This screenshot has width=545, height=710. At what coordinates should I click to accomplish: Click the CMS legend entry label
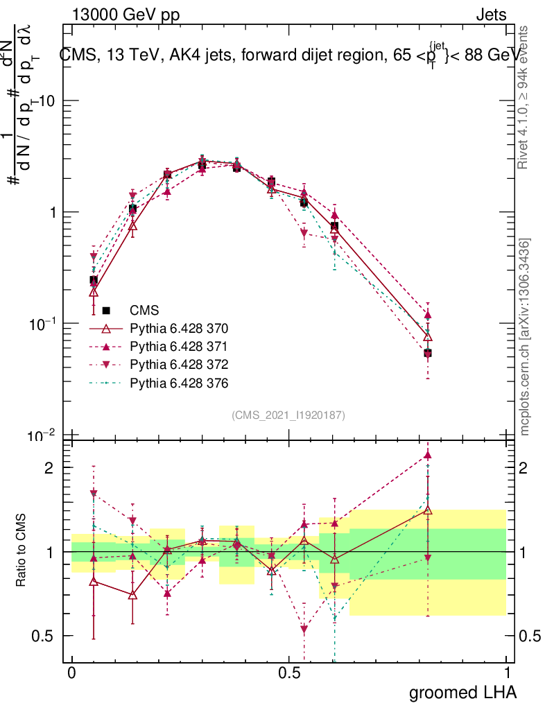pos(144,311)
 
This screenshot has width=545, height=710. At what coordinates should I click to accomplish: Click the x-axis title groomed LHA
pos(462,692)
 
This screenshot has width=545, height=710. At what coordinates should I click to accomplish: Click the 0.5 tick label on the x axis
pos(289,673)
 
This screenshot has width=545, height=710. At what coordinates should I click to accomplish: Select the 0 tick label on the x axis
pos(71,673)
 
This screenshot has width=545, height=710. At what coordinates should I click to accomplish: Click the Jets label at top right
pos(490,15)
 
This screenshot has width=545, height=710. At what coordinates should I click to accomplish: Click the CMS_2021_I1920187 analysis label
pos(288,415)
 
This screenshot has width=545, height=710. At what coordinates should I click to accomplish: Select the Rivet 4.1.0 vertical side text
pos(525,98)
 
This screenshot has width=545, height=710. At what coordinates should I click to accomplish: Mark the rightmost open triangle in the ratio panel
pos(428,510)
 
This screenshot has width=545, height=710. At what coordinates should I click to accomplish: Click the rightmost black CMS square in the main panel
pos(428,353)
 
